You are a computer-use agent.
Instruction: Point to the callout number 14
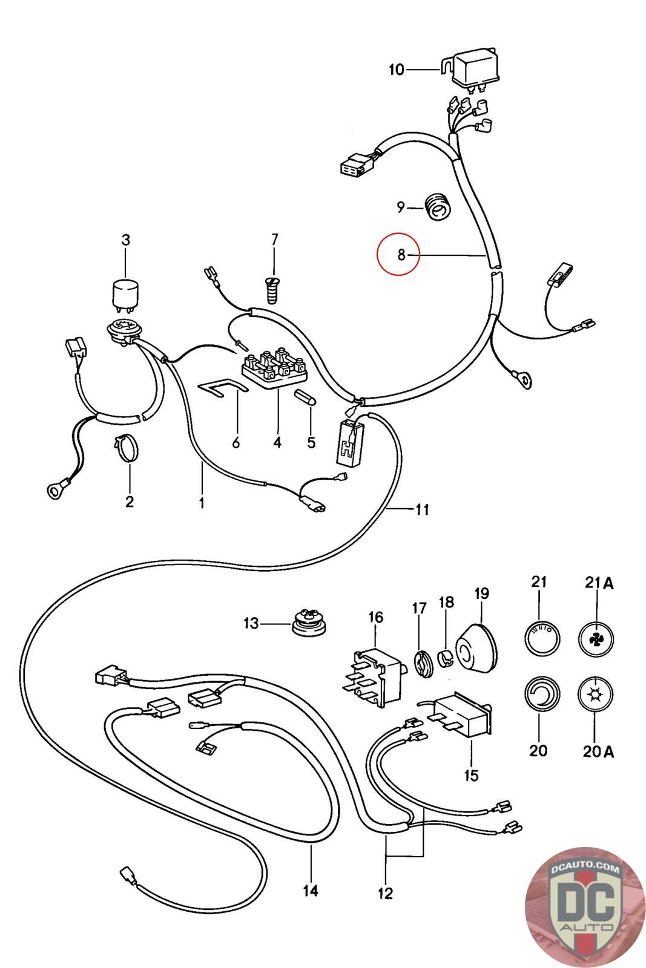(311, 891)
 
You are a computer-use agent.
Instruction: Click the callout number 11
(422, 509)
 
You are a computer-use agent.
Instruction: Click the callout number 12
(385, 892)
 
